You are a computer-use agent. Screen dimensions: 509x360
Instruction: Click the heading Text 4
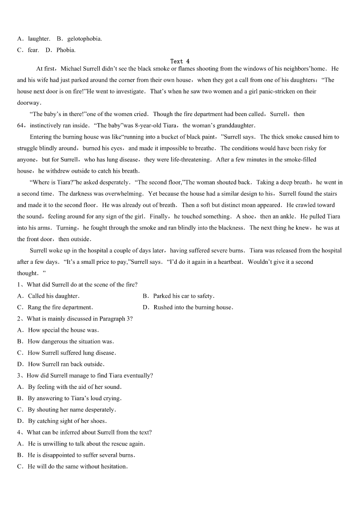click(180, 61)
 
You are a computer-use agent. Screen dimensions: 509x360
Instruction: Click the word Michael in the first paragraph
click(71, 69)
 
